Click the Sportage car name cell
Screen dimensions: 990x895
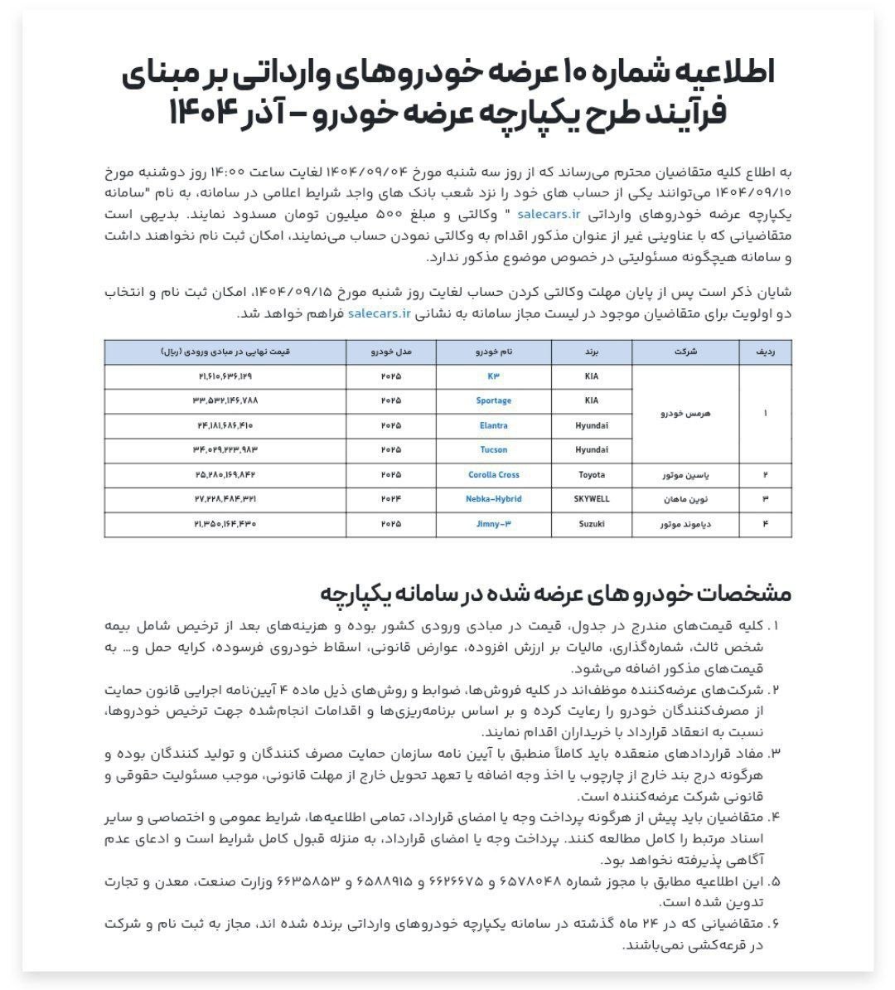click(x=493, y=400)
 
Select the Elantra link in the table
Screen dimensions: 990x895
click(x=493, y=425)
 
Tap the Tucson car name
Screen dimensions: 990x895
click(x=493, y=449)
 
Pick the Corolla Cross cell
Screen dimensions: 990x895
click(x=493, y=474)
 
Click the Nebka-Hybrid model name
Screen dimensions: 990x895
click(x=493, y=499)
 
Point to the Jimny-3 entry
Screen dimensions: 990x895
click(x=493, y=524)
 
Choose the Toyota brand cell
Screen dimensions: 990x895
click(x=591, y=474)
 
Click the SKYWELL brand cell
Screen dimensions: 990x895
click(x=591, y=499)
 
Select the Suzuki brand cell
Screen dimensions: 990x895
click(x=591, y=524)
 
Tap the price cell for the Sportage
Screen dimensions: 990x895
click(x=225, y=400)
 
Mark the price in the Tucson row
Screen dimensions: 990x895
click(x=225, y=449)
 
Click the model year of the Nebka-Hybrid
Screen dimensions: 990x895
click(x=390, y=499)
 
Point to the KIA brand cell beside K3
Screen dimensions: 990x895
click(x=591, y=376)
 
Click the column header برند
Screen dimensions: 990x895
click(x=591, y=352)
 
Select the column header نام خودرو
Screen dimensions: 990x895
click(x=493, y=352)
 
